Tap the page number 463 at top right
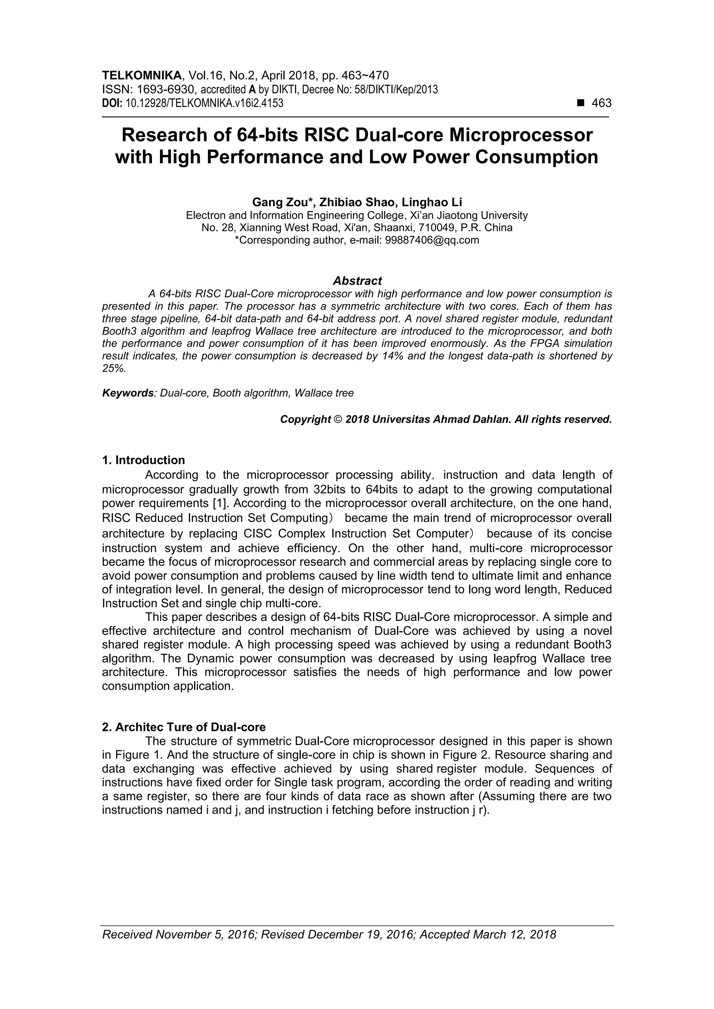pyautogui.click(x=601, y=103)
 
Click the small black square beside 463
pyautogui.click(x=581, y=103)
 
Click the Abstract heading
pyautogui.click(x=357, y=281)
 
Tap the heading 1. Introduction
pyautogui.click(x=143, y=460)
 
